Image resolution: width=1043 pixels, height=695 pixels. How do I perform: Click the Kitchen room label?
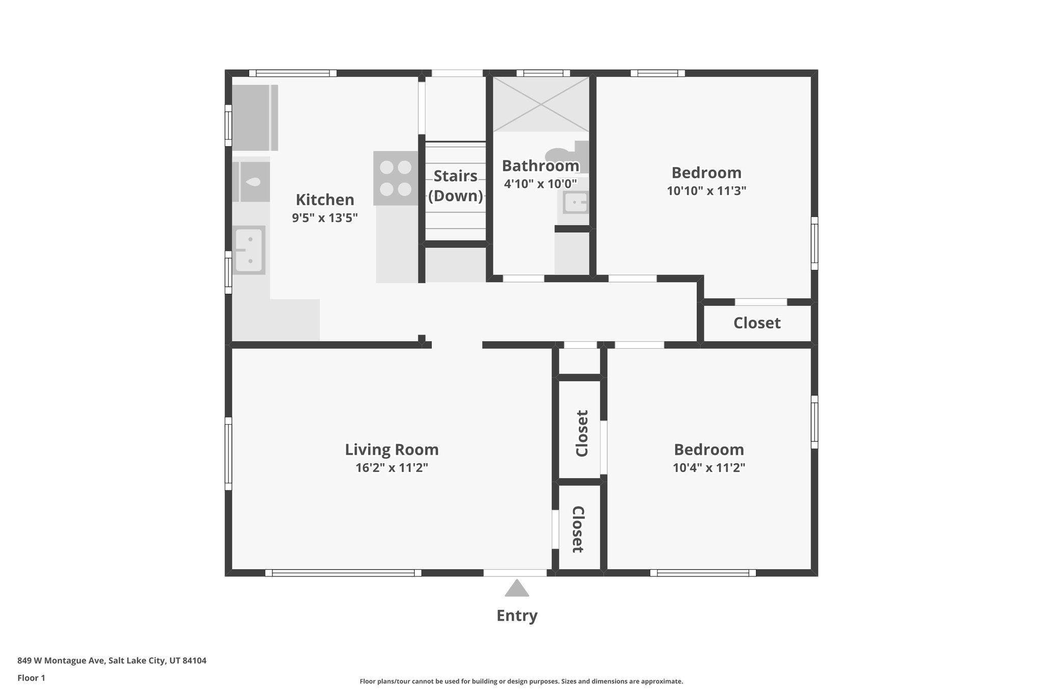pyautogui.click(x=324, y=200)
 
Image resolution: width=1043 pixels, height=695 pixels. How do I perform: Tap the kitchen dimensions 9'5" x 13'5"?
pyautogui.click(x=324, y=218)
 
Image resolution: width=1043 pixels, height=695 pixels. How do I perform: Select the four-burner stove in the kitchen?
pyautogui.click(x=396, y=178)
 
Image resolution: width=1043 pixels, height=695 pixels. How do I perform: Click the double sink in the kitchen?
pyautogui.click(x=249, y=250)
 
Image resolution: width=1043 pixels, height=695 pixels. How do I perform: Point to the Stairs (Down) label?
pyautogui.click(x=455, y=186)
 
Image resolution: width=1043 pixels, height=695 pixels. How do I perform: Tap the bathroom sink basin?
pyautogui.click(x=576, y=203)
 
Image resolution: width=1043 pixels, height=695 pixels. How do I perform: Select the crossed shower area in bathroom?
pyautogui.click(x=541, y=104)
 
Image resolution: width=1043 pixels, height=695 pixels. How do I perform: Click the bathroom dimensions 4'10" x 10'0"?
pyautogui.click(x=540, y=184)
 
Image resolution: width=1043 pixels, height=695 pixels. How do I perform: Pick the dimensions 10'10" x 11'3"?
pyautogui.click(x=706, y=191)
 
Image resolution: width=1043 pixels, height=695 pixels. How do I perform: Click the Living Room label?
pyautogui.click(x=392, y=450)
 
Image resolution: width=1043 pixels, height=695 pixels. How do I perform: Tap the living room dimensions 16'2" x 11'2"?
pyautogui.click(x=392, y=467)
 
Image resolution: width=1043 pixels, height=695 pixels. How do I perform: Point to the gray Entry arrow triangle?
pyautogui.click(x=517, y=589)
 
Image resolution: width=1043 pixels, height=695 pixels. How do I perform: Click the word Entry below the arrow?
pyautogui.click(x=517, y=616)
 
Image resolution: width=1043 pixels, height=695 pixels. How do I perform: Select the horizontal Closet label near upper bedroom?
pyautogui.click(x=757, y=323)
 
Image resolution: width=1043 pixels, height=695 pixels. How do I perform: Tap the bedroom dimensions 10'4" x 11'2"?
pyautogui.click(x=708, y=467)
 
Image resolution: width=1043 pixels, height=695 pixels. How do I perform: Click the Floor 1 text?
pyautogui.click(x=31, y=678)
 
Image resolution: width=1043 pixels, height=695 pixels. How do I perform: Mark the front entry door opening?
pyautogui.click(x=515, y=573)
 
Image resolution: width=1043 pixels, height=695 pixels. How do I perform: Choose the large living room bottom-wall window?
pyautogui.click(x=343, y=573)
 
